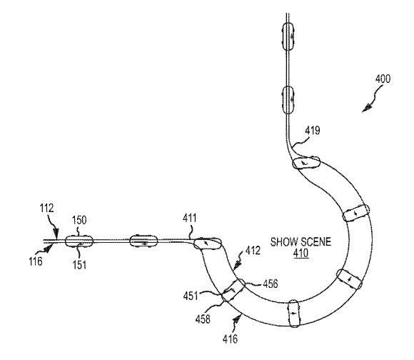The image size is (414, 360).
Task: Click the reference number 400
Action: (x=383, y=79)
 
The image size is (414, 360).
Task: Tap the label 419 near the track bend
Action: (x=313, y=130)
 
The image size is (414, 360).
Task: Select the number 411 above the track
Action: (x=190, y=218)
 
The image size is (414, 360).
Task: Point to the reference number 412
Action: (x=253, y=251)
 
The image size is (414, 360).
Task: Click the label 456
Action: (x=271, y=284)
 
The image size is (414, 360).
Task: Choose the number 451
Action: (x=191, y=296)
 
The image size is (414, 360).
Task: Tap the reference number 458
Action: (x=203, y=319)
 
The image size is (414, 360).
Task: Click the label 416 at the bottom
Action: (x=230, y=339)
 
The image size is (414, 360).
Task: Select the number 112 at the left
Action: (x=46, y=208)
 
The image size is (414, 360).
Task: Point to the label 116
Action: (x=36, y=261)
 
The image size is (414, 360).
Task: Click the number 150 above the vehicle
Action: (x=79, y=220)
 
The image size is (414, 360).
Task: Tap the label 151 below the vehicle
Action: (x=79, y=265)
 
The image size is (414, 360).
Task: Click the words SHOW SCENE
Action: (x=301, y=242)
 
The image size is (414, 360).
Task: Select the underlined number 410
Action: (x=301, y=253)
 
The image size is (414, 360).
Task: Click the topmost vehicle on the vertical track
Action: (x=288, y=36)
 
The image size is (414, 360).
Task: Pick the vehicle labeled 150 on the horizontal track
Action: (x=79, y=241)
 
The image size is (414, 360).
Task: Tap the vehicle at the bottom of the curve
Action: (x=294, y=314)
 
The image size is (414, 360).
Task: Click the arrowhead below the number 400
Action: (x=366, y=109)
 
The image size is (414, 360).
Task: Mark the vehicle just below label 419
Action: (x=306, y=163)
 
